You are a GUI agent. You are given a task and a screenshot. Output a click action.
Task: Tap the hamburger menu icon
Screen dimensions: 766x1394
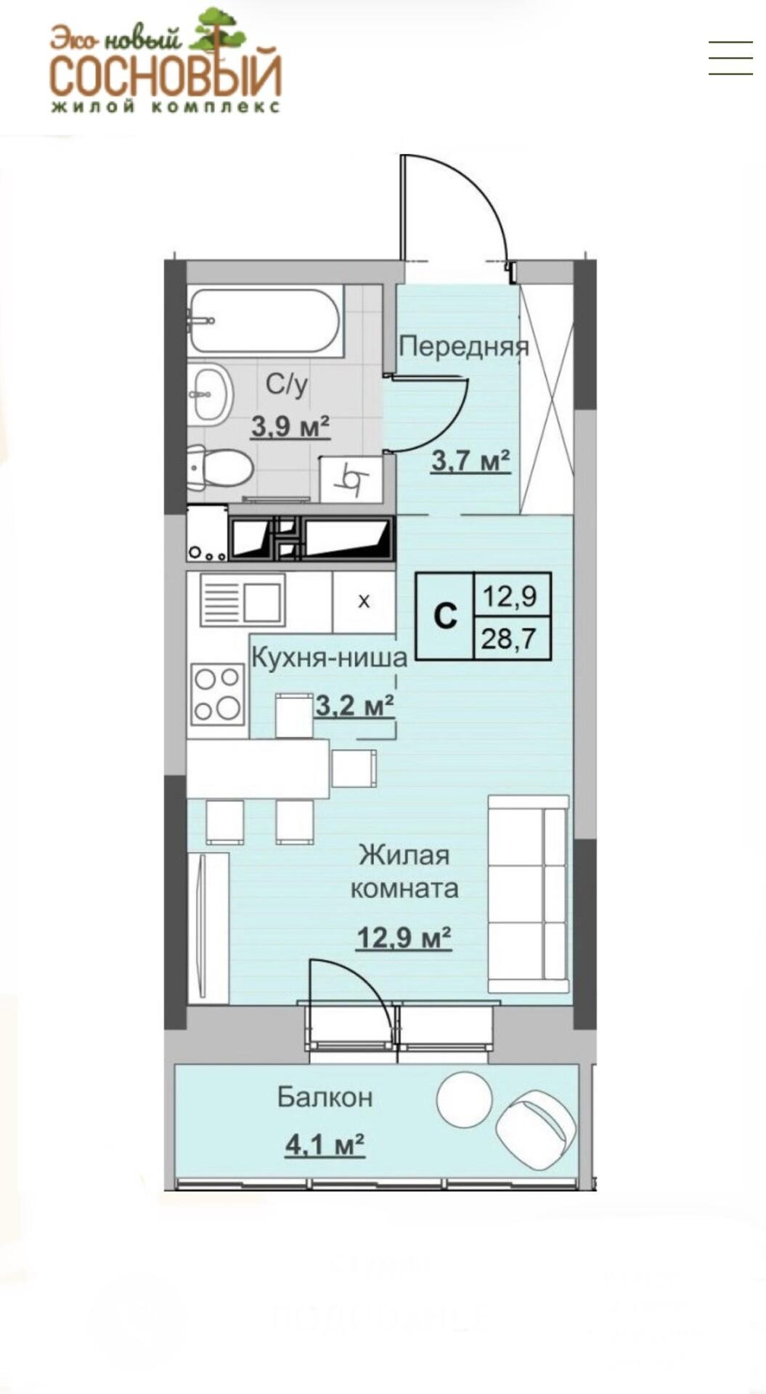coord(730,57)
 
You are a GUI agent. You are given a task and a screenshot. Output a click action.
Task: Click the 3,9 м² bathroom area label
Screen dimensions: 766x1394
coord(290,426)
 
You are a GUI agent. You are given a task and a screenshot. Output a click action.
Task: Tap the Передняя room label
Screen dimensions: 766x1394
coord(463,346)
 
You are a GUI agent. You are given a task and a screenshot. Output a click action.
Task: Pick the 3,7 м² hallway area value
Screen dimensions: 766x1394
coord(471,460)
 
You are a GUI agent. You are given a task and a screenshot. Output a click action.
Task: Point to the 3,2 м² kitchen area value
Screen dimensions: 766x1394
coord(355,705)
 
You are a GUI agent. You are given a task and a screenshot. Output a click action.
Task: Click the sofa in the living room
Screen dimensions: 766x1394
coord(529,894)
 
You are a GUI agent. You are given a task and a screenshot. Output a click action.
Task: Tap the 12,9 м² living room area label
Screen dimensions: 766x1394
coord(404,938)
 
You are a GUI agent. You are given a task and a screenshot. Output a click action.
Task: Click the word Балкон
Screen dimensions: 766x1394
coord(325,1097)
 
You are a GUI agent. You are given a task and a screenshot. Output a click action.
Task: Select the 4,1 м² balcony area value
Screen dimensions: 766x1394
coord(325,1146)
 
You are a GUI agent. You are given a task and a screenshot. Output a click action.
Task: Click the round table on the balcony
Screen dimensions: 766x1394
coord(465,1102)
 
